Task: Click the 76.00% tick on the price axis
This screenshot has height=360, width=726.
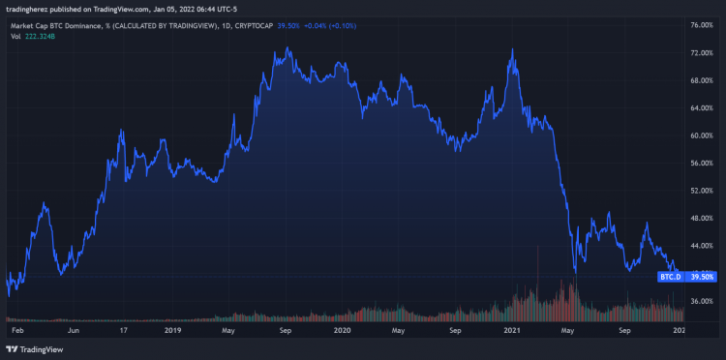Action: pyautogui.click(x=701, y=24)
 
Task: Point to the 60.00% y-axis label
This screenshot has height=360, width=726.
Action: pyautogui.click(x=701, y=135)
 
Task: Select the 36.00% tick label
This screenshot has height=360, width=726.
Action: pyautogui.click(x=701, y=302)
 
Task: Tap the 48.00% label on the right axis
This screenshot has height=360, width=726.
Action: pyautogui.click(x=701, y=219)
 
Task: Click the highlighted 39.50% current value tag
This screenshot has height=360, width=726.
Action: pyautogui.click(x=702, y=277)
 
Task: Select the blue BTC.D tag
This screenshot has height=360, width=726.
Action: pyautogui.click(x=671, y=277)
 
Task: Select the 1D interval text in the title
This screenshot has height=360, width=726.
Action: pyautogui.click(x=226, y=26)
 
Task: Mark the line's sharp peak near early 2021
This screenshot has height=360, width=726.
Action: pyautogui.click(x=511, y=49)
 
